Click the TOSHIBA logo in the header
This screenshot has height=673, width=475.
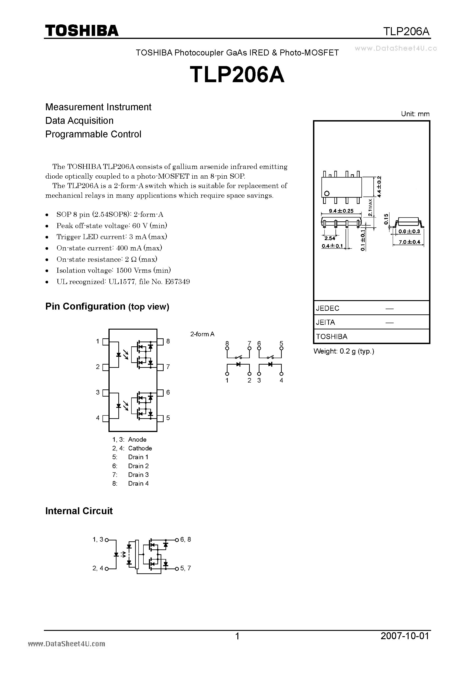coord(82,30)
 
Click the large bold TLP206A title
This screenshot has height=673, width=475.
coord(237,75)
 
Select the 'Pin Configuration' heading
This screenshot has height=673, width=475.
coord(107,306)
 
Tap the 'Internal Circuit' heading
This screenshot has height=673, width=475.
coord(79,511)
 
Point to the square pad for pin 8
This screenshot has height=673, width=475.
coord(160,342)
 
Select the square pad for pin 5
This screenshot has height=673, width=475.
coord(160,418)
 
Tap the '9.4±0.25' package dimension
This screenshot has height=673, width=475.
coord(341,211)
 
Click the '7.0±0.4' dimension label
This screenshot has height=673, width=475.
coord(409,242)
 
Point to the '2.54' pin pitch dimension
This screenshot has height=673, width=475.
coord(330,238)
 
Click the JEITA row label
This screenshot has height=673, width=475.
coord(325,322)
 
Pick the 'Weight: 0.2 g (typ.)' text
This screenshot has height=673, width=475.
coord(344,351)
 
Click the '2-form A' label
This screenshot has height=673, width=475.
coord(202,334)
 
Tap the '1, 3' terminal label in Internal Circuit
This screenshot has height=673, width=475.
coord(98,539)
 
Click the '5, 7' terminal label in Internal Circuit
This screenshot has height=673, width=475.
coord(185,568)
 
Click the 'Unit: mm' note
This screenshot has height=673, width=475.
coord(415,114)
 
